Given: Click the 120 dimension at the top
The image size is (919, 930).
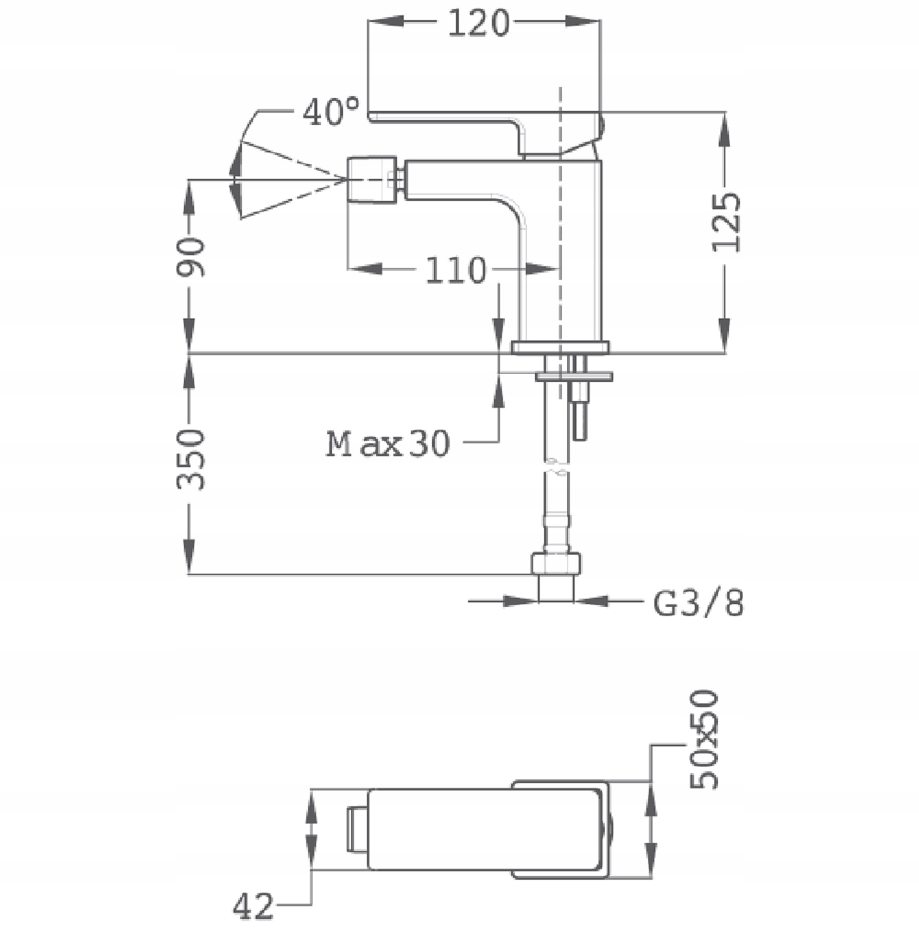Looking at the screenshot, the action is coord(478,23).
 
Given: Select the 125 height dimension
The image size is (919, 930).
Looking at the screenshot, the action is coord(727,222).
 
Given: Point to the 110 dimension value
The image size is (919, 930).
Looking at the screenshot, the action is coord(456,270).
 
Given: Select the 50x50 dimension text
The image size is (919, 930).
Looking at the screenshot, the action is coord(704,739).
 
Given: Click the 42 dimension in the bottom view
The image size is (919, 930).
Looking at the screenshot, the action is coord(253,906).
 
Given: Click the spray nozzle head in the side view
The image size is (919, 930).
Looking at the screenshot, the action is coord(371,179).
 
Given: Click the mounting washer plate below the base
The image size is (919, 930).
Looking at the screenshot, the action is coord(574,375).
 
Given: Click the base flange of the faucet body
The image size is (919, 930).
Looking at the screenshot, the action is coord(561,347).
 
